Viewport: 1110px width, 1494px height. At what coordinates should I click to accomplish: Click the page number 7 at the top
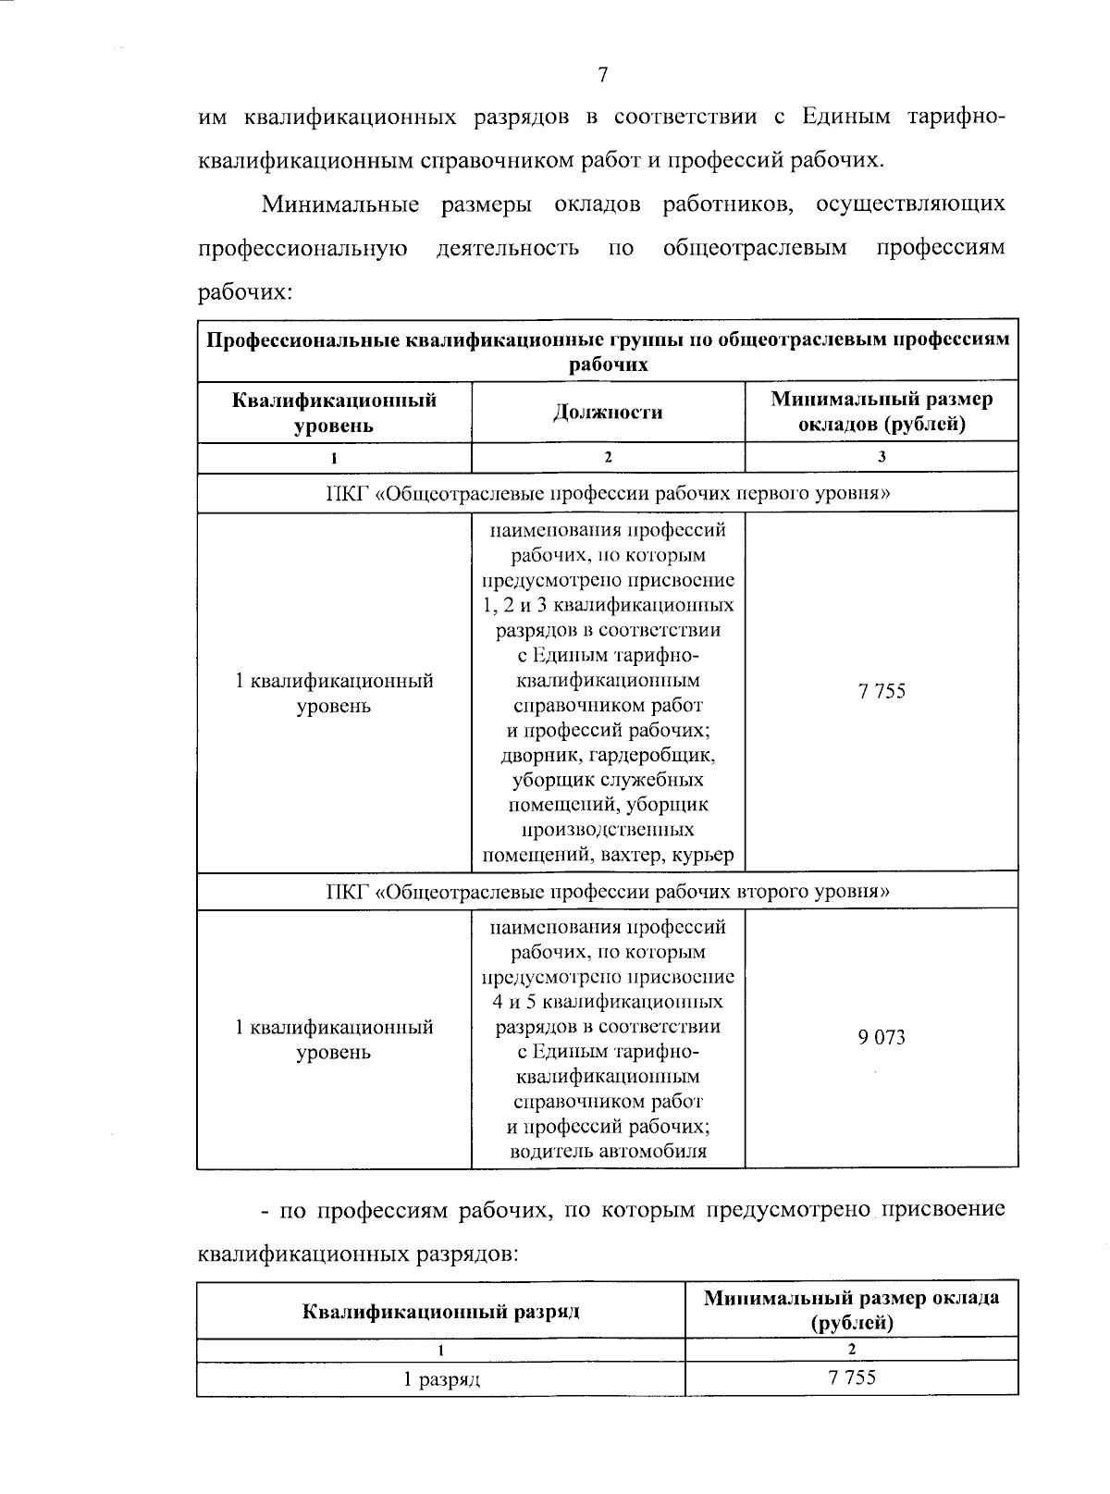coord(602,76)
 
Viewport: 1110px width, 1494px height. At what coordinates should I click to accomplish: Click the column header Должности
coord(608,413)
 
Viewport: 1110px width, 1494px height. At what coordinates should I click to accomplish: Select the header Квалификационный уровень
coord(334,413)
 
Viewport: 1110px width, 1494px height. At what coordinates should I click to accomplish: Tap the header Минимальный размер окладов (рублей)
coord(882,413)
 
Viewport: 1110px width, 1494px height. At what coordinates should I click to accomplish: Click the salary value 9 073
coord(882,1038)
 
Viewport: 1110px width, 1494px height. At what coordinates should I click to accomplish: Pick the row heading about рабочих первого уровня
coord(608,493)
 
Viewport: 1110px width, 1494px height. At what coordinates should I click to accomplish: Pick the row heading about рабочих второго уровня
coord(608,892)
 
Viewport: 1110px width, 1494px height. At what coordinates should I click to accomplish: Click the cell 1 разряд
coord(440,1380)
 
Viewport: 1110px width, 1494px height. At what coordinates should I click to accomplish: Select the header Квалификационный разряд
coord(440,1311)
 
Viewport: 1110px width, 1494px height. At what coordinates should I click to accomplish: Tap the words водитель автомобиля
coord(608,1152)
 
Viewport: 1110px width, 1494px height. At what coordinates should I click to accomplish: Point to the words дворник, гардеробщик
coord(608,755)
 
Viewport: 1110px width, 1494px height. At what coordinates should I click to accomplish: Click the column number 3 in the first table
coord(882,457)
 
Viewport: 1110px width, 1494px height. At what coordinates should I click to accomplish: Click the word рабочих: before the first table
coord(245,293)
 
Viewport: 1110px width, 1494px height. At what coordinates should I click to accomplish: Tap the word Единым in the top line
coord(845,117)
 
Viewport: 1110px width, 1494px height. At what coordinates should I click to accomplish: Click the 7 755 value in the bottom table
coord(852,1378)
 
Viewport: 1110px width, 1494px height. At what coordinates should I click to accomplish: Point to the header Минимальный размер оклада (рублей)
coord(852,1310)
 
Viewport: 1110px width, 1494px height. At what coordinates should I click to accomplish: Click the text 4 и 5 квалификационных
coord(608,1002)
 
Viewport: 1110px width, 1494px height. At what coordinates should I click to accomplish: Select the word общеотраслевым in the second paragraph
coord(755,249)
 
